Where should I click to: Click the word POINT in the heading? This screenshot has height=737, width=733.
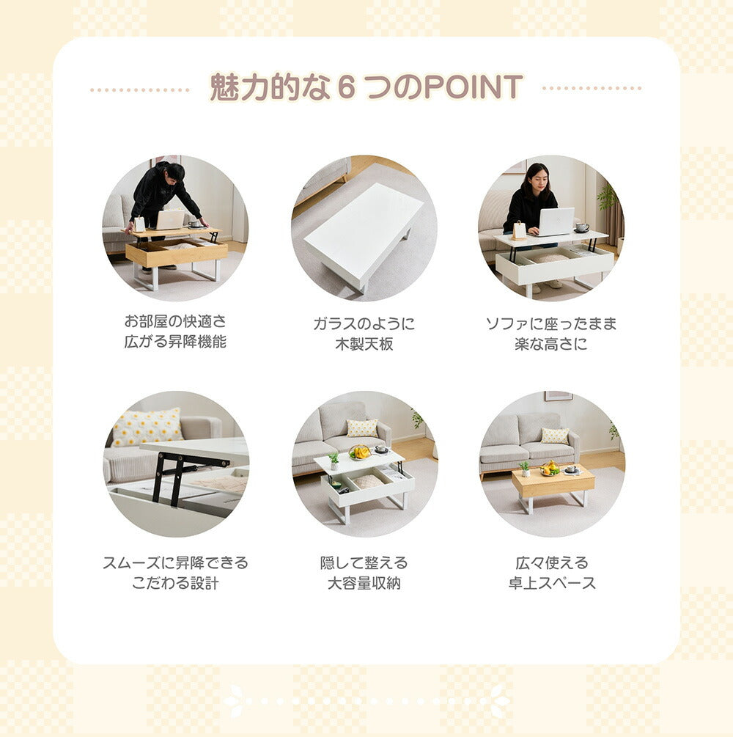(x=474, y=87)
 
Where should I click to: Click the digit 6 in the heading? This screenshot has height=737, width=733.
(x=346, y=87)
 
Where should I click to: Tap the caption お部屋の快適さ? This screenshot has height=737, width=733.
(x=175, y=321)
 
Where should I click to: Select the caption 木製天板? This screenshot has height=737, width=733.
(x=364, y=344)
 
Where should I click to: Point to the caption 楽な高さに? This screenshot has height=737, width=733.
(x=551, y=344)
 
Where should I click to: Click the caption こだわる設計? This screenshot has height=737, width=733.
(x=175, y=583)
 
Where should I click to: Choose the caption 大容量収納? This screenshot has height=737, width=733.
(x=364, y=583)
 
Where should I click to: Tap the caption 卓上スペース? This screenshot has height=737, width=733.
(x=552, y=583)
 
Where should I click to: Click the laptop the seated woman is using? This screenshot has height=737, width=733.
(x=556, y=221)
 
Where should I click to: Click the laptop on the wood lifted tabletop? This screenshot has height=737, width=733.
(x=169, y=219)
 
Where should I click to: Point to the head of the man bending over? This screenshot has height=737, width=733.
(x=174, y=172)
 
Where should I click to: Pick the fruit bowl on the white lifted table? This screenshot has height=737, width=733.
(x=359, y=452)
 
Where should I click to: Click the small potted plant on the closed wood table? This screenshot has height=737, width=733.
(x=525, y=469)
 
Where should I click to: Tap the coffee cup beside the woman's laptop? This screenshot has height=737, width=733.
(x=582, y=228)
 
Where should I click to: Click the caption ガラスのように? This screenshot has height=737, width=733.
(x=364, y=323)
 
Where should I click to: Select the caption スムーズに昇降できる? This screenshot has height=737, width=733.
(x=175, y=562)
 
